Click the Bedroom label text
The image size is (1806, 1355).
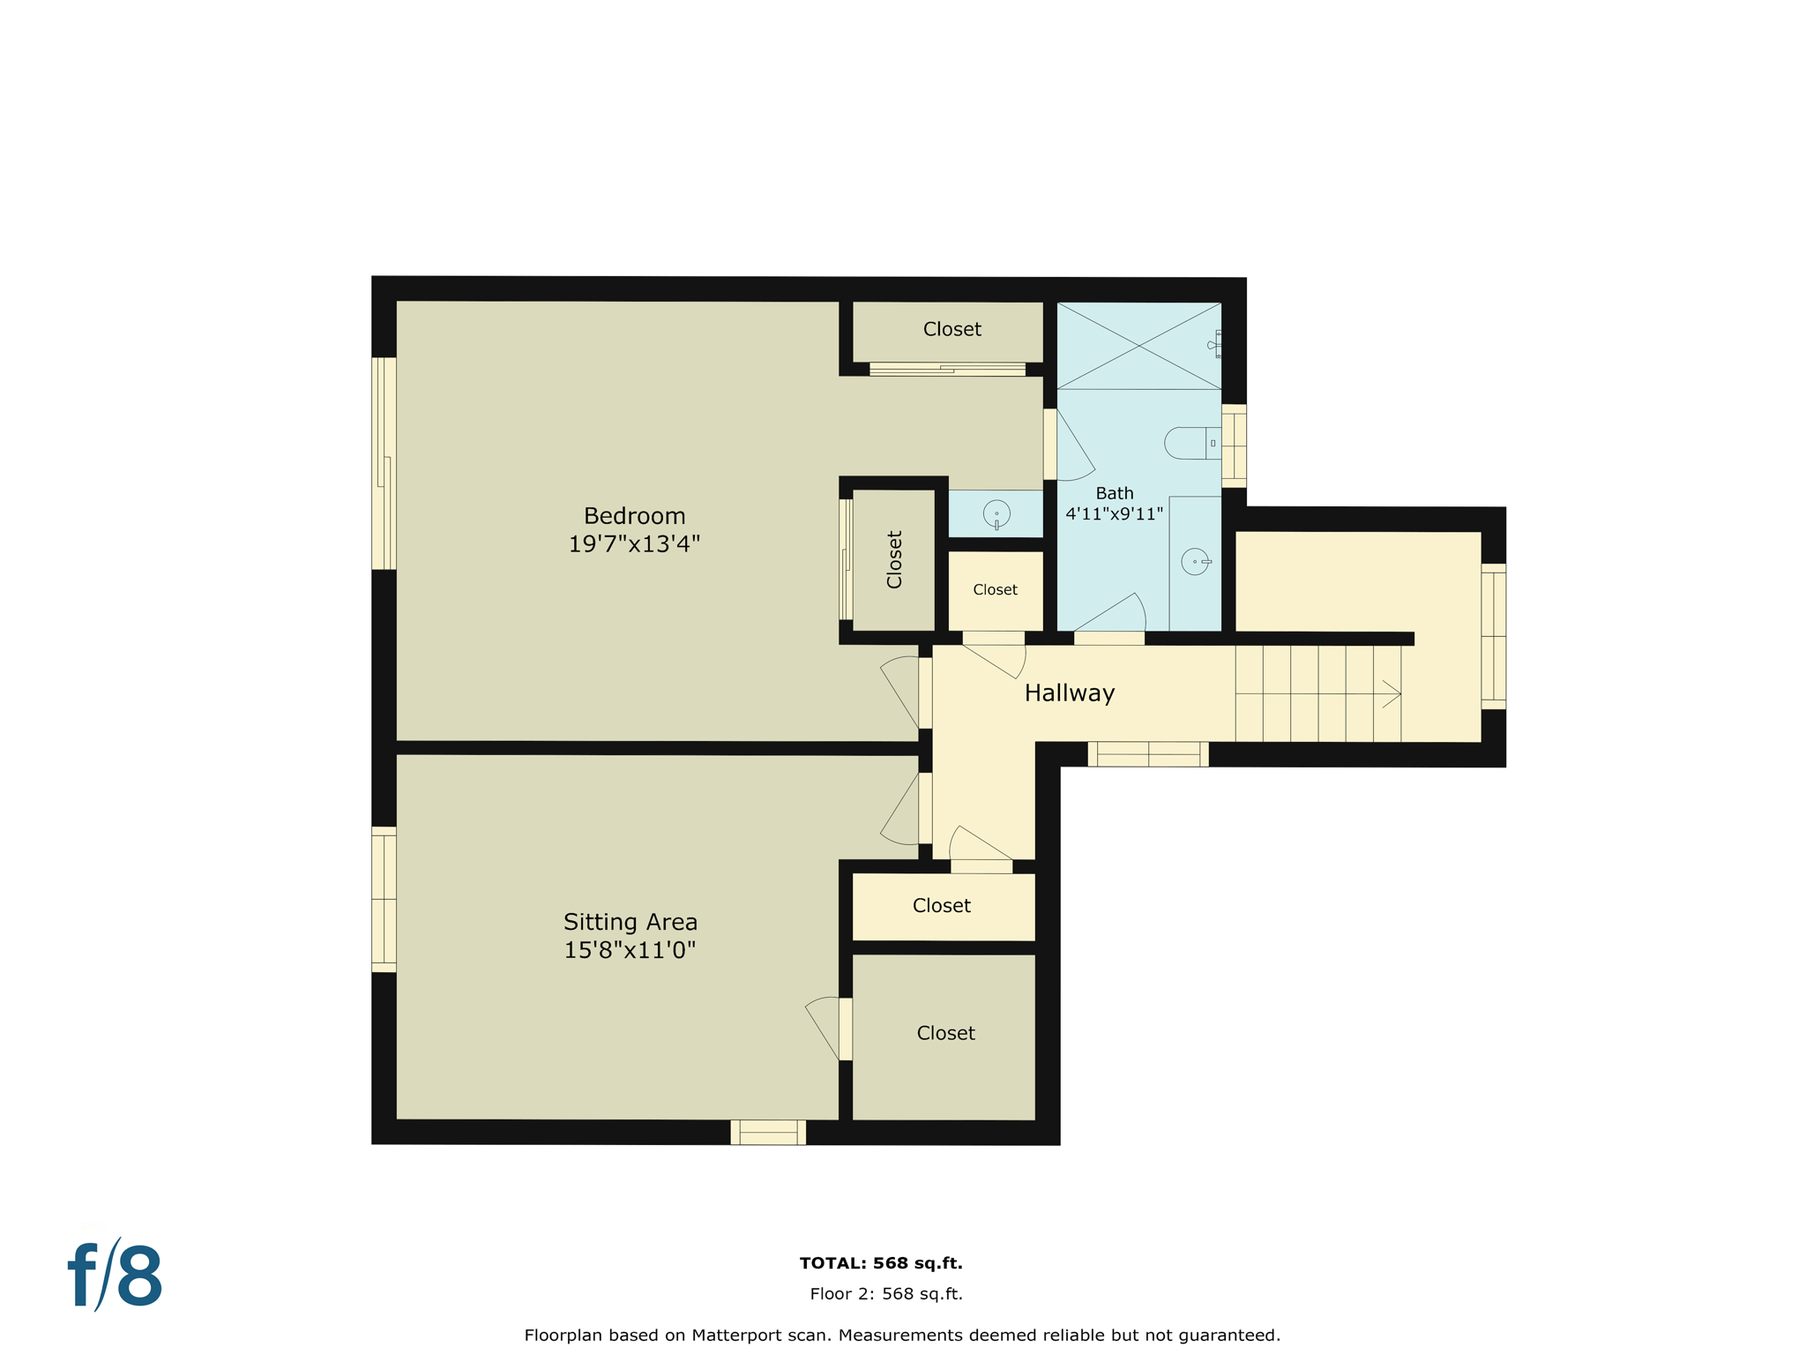634,516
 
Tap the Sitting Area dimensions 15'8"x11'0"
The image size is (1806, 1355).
630,950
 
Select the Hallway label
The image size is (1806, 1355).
1069,693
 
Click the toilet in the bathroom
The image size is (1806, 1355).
1190,443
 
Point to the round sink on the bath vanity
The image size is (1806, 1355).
1195,561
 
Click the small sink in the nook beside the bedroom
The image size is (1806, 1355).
996,513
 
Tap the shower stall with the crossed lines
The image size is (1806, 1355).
1138,346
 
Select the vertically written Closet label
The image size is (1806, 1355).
894,559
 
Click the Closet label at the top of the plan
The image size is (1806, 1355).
952,329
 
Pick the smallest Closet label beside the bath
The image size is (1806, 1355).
995,589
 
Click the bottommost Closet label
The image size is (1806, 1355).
945,1033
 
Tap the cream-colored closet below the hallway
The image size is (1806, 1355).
942,906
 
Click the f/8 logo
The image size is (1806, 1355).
116,1276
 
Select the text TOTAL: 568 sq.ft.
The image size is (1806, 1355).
880,1263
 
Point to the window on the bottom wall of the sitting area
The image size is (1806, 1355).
768,1132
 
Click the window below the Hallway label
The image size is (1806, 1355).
1148,754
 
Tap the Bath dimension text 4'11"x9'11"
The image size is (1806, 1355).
1114,513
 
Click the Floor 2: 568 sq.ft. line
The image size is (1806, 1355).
885,1294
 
